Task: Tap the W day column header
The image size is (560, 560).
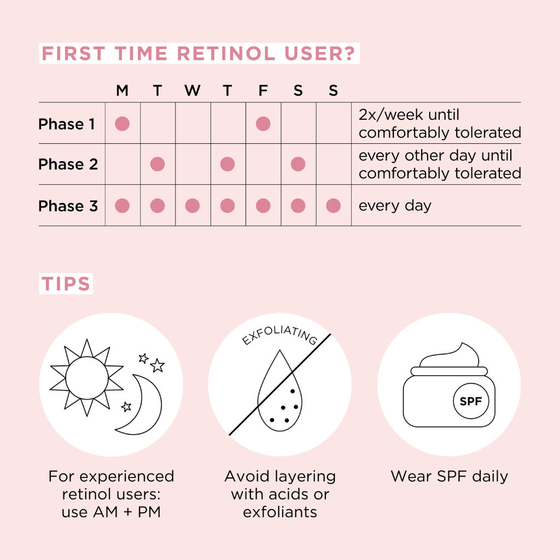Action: click(x=192, y=91)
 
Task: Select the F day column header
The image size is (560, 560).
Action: click(x=263, y=91)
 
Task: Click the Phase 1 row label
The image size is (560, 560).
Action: click(x=67, y=124)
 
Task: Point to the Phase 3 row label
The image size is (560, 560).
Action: click(x=68, y=206)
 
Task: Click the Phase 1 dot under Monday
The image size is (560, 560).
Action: click(x=122, y=124)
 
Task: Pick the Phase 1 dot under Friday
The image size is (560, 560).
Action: click(x=263, y=124)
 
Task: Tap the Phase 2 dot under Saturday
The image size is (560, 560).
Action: click(x=298, y=164)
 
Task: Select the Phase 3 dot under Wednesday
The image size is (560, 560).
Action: click(x=192, y=206)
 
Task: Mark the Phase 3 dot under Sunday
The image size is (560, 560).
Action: click(x=333, y=206)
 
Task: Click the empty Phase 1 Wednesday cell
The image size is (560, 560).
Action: click(x=192, y=124)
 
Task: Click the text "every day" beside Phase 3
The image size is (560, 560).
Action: click(x=395, y=206)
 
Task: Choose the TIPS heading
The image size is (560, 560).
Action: click(x=66, y=284)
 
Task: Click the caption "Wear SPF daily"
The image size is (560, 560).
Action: click(x=449, y=476)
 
